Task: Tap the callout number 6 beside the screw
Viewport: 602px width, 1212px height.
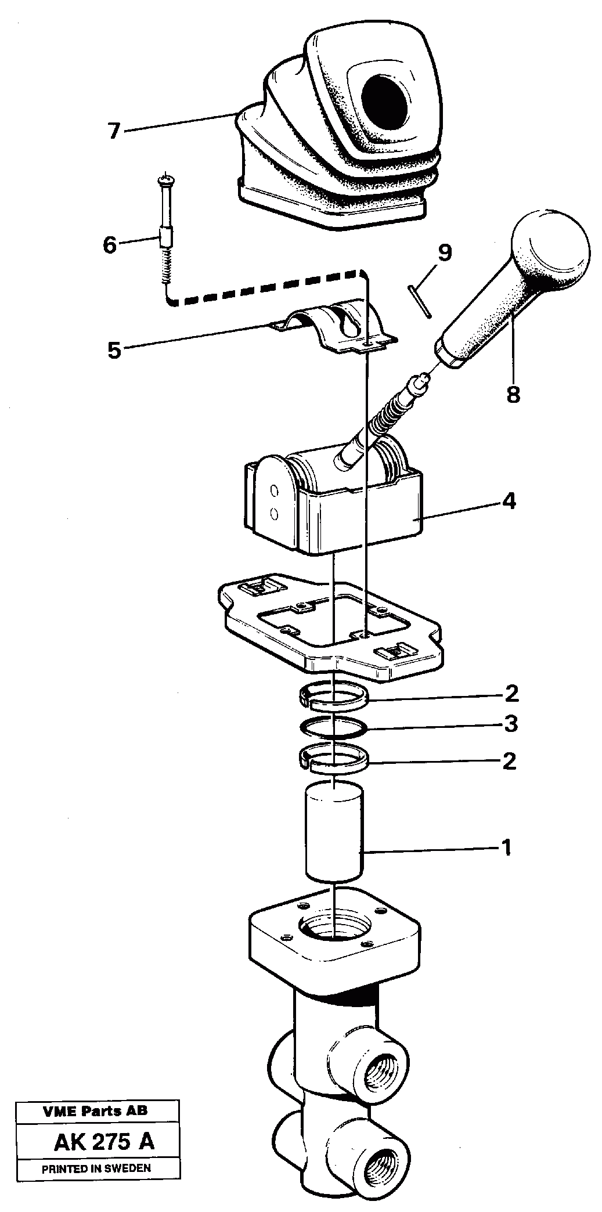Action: [110, 244]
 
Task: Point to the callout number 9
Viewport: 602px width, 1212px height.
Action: [444, 253]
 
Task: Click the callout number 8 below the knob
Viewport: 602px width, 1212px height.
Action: [513, 395]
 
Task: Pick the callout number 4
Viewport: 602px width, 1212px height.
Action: [509, 500]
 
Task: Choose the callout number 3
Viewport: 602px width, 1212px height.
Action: [511, 724]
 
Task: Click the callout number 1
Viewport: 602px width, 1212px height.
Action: [506, 848]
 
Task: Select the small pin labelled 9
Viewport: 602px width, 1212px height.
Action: [420, 301]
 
